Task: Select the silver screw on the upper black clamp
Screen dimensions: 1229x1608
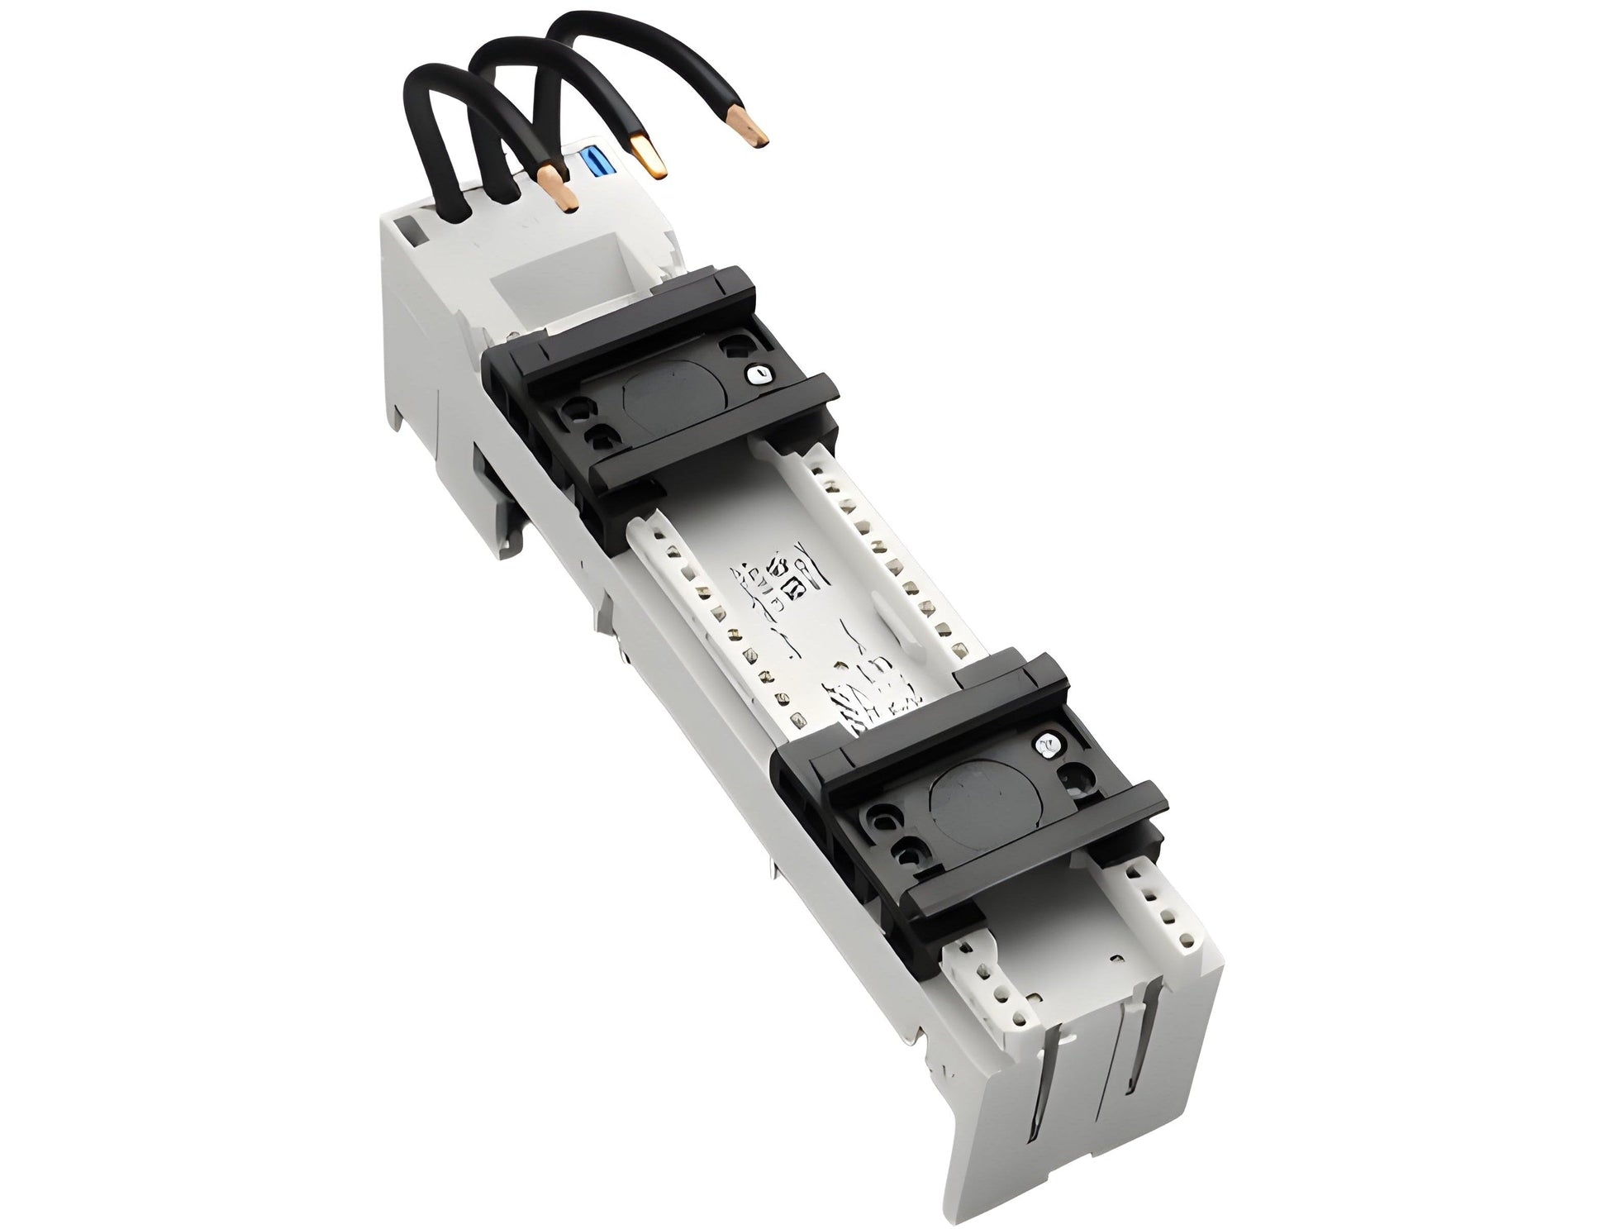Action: [x=753, y=374]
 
